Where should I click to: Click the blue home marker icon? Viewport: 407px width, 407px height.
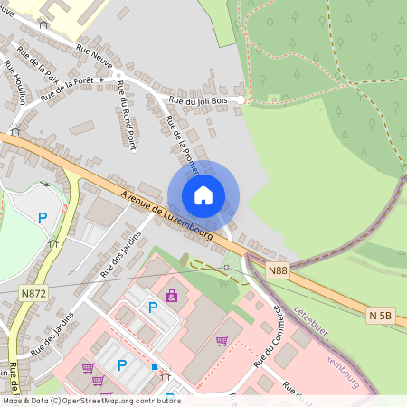click(203, 195)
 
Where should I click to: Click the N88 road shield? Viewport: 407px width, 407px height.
click(279, 270)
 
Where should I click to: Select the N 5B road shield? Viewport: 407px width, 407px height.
click(380, 316)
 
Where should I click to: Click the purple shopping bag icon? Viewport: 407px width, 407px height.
click(172, 296)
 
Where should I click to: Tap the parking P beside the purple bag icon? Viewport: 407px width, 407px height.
click(153, 308)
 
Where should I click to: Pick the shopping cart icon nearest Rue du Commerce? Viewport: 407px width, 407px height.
click(222, 341)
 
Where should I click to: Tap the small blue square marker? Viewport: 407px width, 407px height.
click(155, 367)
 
